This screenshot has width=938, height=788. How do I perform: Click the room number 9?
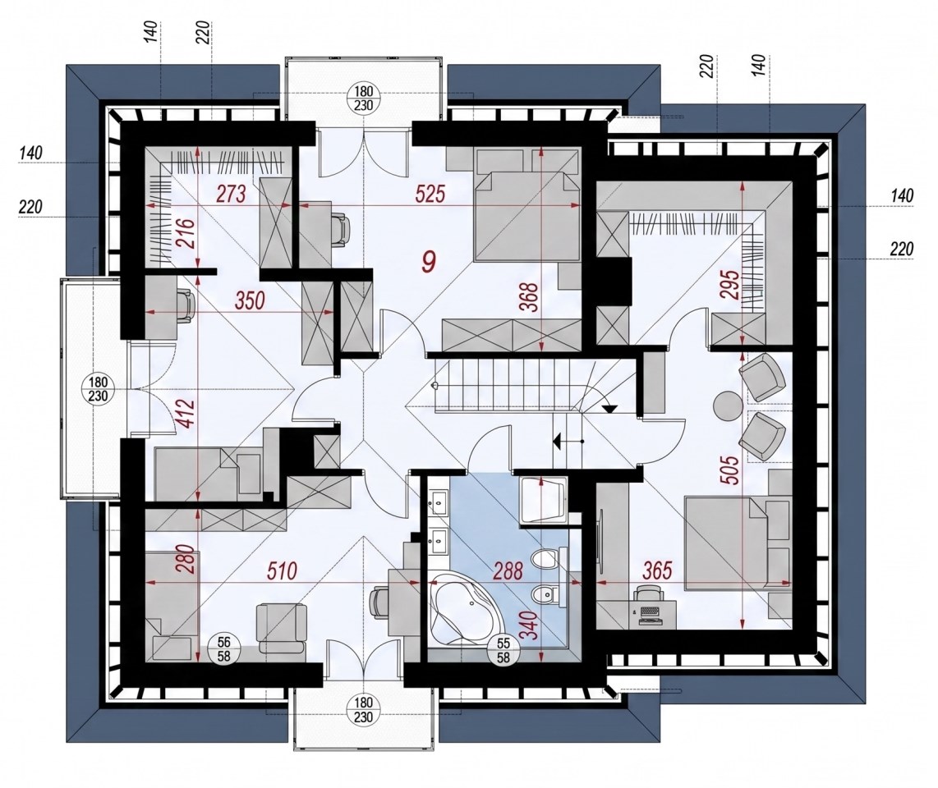coord(429,260)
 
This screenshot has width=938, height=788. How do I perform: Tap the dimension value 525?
coord(430,194)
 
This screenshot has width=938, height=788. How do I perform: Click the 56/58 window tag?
coord(223,648)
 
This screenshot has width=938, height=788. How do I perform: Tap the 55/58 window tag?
coord(503,648)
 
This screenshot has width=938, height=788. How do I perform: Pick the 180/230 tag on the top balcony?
coord(363,98)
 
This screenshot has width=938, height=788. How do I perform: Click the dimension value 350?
coord(249,300)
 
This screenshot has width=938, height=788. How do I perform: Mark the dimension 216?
coord(186,235)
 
